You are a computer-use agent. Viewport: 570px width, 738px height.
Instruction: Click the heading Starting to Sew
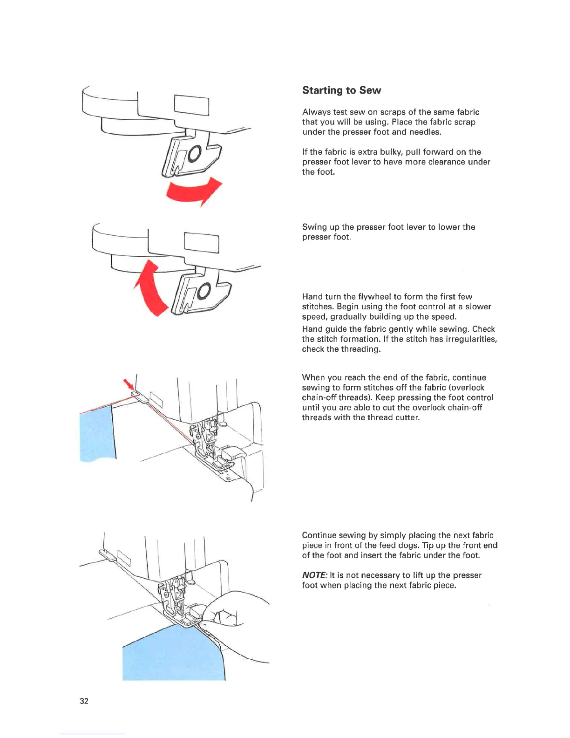341,90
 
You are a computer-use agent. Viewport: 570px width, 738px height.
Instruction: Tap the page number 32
84,701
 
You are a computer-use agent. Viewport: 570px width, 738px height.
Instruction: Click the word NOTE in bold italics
314,575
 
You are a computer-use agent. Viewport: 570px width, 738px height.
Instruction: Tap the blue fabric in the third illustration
97,433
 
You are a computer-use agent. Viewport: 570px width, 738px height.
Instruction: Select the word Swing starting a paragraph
314,227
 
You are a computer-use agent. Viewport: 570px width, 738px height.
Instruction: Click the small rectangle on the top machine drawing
191,105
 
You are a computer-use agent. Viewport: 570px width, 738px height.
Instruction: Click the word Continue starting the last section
319,535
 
